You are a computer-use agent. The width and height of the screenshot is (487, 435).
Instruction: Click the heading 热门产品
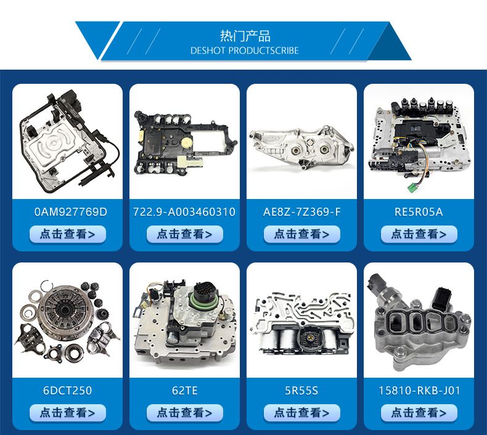[x=245, y=36]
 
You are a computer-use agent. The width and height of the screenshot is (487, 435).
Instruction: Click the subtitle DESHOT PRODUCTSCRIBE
[x=245, y=51]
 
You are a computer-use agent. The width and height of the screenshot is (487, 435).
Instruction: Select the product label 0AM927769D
[x=70, y=212]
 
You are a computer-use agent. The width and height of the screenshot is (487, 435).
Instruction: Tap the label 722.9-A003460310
[x=184, y=212]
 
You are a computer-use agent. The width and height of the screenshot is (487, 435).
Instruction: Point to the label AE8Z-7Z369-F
[x=301, y=212]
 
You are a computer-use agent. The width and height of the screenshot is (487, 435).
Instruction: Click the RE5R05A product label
[x=419, y=212]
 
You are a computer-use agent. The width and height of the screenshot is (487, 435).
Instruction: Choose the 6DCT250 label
[x=67, y=390]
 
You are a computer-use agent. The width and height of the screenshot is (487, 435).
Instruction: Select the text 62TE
[x=184, y=390]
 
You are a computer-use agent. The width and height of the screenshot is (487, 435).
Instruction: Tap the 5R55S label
[x=301, y=390]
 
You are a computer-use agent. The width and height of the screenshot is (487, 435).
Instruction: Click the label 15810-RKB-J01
[x=419, y=390]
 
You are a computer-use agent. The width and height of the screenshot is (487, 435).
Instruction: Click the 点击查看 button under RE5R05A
[x=419, y=234]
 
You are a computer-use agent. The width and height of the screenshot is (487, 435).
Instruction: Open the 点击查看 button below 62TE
[x=185, y=413]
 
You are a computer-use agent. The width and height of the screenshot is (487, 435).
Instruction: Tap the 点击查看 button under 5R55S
[x=302, y=413]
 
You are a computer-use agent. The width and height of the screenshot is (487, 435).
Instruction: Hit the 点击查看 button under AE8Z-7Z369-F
[x=302, y=234]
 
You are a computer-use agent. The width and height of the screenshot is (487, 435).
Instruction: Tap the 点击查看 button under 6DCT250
[x=68, y=413]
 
